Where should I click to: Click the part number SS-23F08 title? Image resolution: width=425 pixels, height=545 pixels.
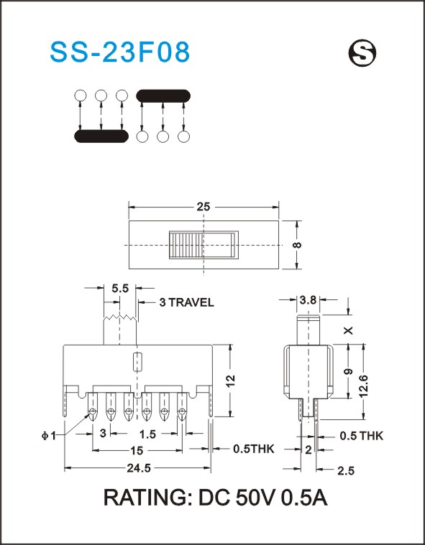[120, 52]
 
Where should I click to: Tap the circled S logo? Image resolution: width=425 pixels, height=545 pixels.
[362, 53]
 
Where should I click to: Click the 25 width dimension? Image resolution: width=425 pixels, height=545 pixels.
[204, 207]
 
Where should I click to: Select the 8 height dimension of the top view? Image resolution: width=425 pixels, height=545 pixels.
[297, 245]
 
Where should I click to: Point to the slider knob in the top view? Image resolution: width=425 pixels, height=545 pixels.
[204, 245]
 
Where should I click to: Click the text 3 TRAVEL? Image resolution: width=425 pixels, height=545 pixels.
[186, 302]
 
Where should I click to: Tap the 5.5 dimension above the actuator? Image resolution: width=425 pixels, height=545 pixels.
[120, 288]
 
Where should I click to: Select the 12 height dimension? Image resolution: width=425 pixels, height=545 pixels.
[230, 381]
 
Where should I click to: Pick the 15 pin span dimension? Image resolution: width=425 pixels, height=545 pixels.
[137, 451]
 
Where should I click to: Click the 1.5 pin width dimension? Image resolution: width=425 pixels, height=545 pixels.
[147, 434]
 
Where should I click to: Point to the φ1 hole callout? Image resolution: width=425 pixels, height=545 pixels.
[49, 436]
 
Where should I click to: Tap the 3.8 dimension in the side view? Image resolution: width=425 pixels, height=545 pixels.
[308, 299]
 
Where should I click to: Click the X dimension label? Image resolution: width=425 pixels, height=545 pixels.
[349, 330]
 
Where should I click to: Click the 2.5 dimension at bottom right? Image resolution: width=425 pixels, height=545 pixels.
[346, 471]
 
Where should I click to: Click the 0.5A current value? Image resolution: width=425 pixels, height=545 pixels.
[304, 498]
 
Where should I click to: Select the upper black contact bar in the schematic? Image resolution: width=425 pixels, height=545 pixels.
[163, 96]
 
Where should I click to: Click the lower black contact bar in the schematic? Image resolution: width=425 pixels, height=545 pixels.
[101, 136]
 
